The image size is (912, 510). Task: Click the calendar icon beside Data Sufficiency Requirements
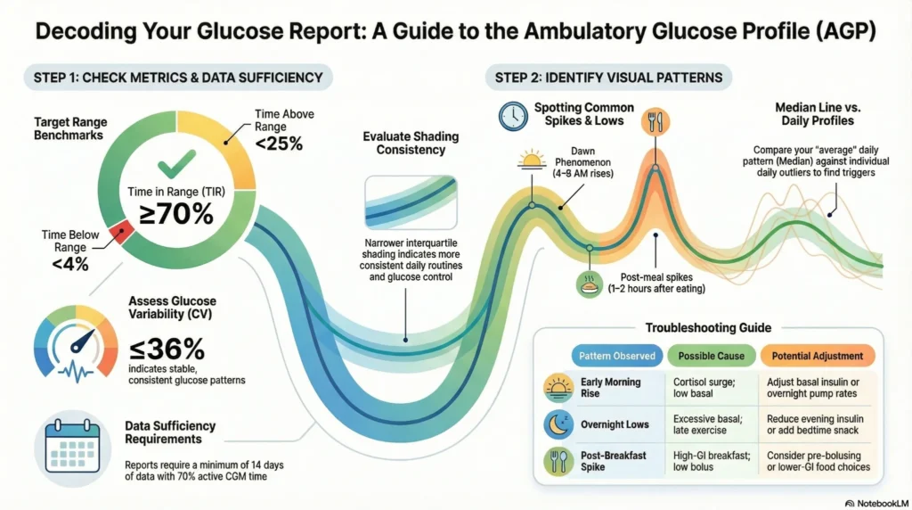click(x=70, y=445)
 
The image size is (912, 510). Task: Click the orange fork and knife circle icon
click(x=655, y=120)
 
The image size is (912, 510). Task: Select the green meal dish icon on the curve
click(x=590, y=283)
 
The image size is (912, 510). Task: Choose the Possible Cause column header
click(x=712, y=356)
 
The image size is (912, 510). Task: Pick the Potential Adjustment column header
click(x=818, y=356)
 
